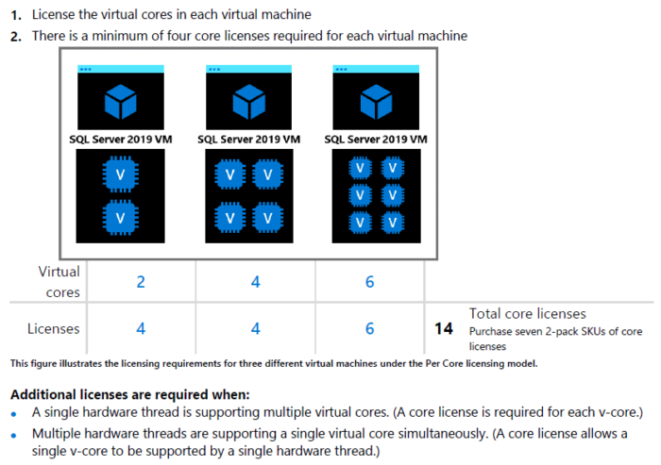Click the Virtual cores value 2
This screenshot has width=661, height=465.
click(141, 281)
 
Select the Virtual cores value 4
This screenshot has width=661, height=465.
click(256, 281)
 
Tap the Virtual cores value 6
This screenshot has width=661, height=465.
click(369, 281)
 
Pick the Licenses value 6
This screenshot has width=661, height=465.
click(369, 328)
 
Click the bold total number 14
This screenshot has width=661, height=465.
click(444, 329)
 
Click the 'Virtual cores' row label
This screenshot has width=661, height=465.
click(59, 281)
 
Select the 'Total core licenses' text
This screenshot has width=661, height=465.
click(527, 313)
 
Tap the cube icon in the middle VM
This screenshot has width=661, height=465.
click(248, 99)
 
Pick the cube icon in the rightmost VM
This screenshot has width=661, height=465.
click(376, 99)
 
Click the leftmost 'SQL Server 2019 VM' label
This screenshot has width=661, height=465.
click(121, 139)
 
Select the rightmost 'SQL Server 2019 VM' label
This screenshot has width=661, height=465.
click(376, 139)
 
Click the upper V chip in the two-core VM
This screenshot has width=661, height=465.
click(120, 174)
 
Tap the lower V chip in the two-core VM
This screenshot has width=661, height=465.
click(120, 217)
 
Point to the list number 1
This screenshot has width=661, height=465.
click(16, 15)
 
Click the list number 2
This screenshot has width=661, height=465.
click(16, 36)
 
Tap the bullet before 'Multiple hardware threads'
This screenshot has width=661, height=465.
click(14, 433)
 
